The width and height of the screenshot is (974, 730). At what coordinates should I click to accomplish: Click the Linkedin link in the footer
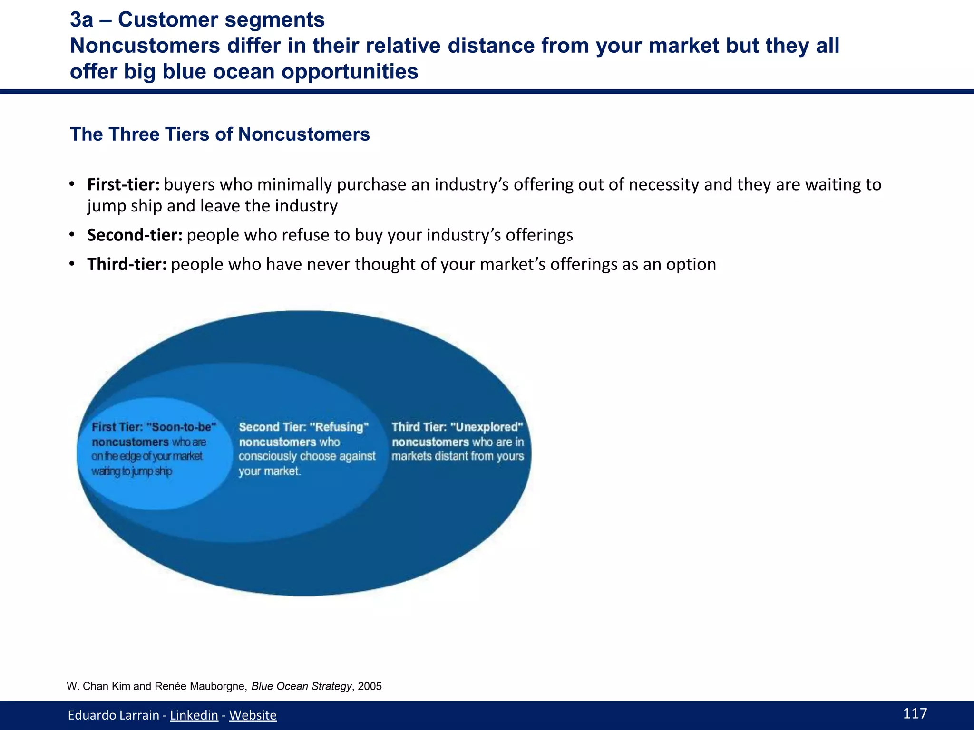(x=194, y=715)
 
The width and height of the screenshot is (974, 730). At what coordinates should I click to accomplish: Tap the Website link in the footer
(x=253, y=715)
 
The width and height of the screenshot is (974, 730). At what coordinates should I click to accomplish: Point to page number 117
(x=915, y=713)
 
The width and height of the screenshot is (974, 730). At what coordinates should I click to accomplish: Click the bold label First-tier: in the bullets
(x=123, y=184)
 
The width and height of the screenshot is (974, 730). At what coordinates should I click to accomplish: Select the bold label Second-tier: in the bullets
(x=135, y=235)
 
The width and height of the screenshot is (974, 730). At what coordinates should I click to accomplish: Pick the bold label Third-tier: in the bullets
(x=127, y=264)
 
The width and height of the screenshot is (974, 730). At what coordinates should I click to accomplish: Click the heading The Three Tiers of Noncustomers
(x=220, y=134)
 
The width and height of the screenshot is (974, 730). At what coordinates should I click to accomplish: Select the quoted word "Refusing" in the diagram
(x=339, y=427)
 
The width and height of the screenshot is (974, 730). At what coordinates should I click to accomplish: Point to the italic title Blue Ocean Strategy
(x=301, y=686)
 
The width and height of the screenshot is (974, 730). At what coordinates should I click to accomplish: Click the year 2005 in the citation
(x=370, y=686)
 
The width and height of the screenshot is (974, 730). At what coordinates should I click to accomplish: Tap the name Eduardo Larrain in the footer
(x=113, y=715)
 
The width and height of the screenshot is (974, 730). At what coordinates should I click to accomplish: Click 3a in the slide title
(x=81, y=20)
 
